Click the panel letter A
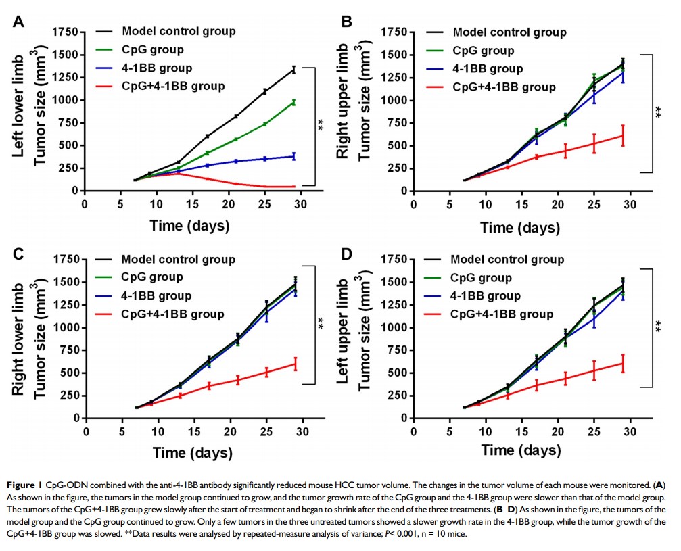pos(20,21)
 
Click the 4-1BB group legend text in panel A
pos(157,68)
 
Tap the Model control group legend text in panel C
pos(179,260)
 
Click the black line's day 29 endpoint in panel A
pos(293,69)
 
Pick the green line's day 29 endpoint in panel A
pos(293,102)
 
